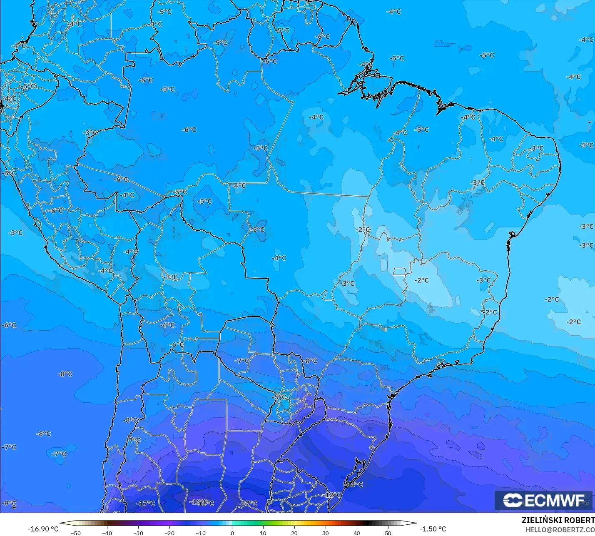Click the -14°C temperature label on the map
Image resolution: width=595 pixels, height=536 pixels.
(x=354, y=484)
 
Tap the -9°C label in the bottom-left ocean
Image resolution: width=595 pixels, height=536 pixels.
(x=9, y=503)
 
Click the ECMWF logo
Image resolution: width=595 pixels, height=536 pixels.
(x=543, y=500)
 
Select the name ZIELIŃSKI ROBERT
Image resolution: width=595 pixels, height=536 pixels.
(x=558, y=520)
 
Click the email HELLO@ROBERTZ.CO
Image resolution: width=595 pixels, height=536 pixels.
(x=560, y=530)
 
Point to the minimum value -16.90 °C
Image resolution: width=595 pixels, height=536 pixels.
(x=43, y=529)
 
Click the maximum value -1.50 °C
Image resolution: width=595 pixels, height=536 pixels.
(x=433, y=529)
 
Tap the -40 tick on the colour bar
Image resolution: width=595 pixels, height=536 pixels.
(x=107, y=533)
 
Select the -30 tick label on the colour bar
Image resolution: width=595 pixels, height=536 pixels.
(x=138, y=533)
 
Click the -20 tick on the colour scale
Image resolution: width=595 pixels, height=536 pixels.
(x=169, y=533)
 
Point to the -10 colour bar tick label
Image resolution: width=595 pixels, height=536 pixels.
(x=201, y=533)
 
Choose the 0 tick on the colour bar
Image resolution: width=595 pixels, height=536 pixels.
(x=232, y=533)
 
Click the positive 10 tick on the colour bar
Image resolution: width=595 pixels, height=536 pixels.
(x=263, y=533)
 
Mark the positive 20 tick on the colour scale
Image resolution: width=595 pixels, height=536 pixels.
(x=294, y=533)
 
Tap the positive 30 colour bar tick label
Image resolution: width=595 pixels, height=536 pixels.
(x=326, y=533)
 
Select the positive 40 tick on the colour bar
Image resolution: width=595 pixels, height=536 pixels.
(x=357, y=533)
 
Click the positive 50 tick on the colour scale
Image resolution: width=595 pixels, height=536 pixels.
(x=388, y=533)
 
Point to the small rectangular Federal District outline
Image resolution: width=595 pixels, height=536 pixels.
(x=400, y=272)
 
